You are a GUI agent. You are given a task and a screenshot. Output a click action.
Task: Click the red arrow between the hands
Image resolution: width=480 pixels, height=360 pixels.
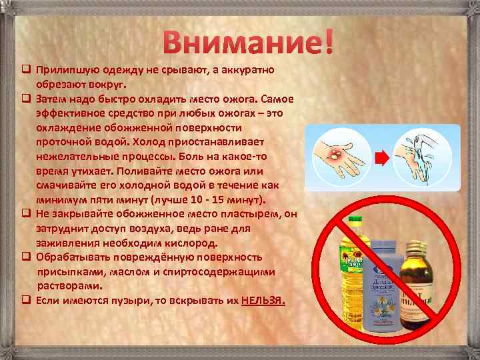[x=381, y=158]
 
